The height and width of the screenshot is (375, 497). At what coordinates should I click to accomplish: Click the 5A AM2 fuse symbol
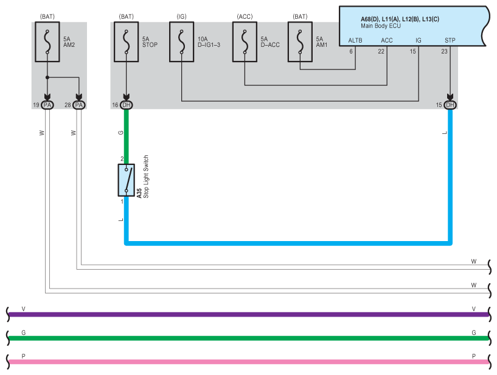47,41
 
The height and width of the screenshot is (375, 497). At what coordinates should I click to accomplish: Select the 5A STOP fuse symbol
126,41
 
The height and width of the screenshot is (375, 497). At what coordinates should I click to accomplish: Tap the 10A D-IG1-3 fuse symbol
182,41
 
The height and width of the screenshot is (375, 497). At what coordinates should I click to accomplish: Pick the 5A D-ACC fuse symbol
245,41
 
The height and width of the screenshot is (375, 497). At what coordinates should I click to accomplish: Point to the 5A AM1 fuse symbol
300,41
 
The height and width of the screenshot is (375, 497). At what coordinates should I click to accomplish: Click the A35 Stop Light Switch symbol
126,180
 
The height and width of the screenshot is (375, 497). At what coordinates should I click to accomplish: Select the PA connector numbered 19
47,105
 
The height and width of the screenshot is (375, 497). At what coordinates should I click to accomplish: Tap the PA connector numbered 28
79,105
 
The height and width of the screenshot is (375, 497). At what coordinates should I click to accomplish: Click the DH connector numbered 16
126,105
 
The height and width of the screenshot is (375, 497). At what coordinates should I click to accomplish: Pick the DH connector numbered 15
450,105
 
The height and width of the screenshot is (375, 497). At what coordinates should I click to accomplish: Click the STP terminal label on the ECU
450,40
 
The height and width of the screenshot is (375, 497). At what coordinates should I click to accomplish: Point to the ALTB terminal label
355,40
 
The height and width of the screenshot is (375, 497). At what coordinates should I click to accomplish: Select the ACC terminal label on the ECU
387,40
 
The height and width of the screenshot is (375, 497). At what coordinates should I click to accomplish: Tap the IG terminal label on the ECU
419,40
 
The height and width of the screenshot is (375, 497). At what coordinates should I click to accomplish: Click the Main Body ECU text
381,26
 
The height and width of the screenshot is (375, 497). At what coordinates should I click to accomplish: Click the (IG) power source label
182,16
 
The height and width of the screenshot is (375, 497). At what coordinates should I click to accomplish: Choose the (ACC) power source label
245,16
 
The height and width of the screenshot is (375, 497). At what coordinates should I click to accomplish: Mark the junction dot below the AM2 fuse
47,77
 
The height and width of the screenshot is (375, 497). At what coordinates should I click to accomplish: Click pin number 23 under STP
445,51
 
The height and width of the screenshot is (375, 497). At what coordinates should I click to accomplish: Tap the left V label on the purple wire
24,309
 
